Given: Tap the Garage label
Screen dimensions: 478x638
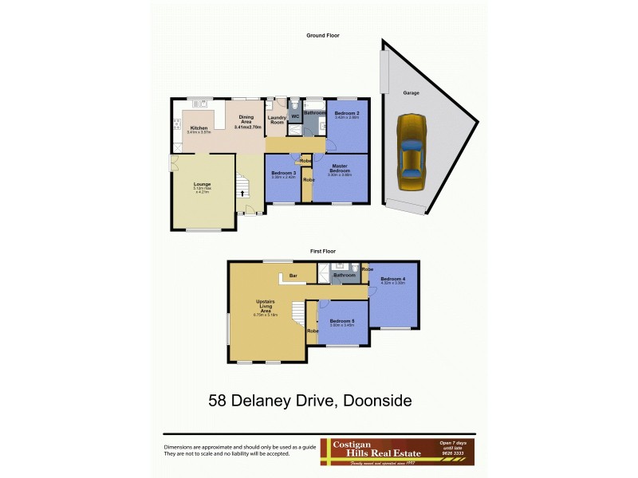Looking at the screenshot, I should [x=412, y=93].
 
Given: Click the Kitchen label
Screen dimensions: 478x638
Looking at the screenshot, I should [x=199, y=127].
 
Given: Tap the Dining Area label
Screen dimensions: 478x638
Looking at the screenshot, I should [x=246, y=119].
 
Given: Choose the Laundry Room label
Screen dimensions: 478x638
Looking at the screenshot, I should [x=277, y=120].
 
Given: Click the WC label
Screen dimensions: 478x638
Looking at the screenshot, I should [x=294, y=117].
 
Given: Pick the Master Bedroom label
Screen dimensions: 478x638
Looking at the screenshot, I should [x=340, y=167].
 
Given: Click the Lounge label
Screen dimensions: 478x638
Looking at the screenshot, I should [x=202, y=184].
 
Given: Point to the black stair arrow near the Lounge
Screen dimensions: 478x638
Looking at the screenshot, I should [x=241, y=193].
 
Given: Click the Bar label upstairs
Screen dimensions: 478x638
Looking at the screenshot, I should [x=293, y=276].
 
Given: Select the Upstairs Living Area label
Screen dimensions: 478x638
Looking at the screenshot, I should [x=266, y=306].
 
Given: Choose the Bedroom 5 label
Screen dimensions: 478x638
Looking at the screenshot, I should [x=342, y=320].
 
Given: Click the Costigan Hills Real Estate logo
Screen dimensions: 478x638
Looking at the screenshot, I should [x=397, y=452].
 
